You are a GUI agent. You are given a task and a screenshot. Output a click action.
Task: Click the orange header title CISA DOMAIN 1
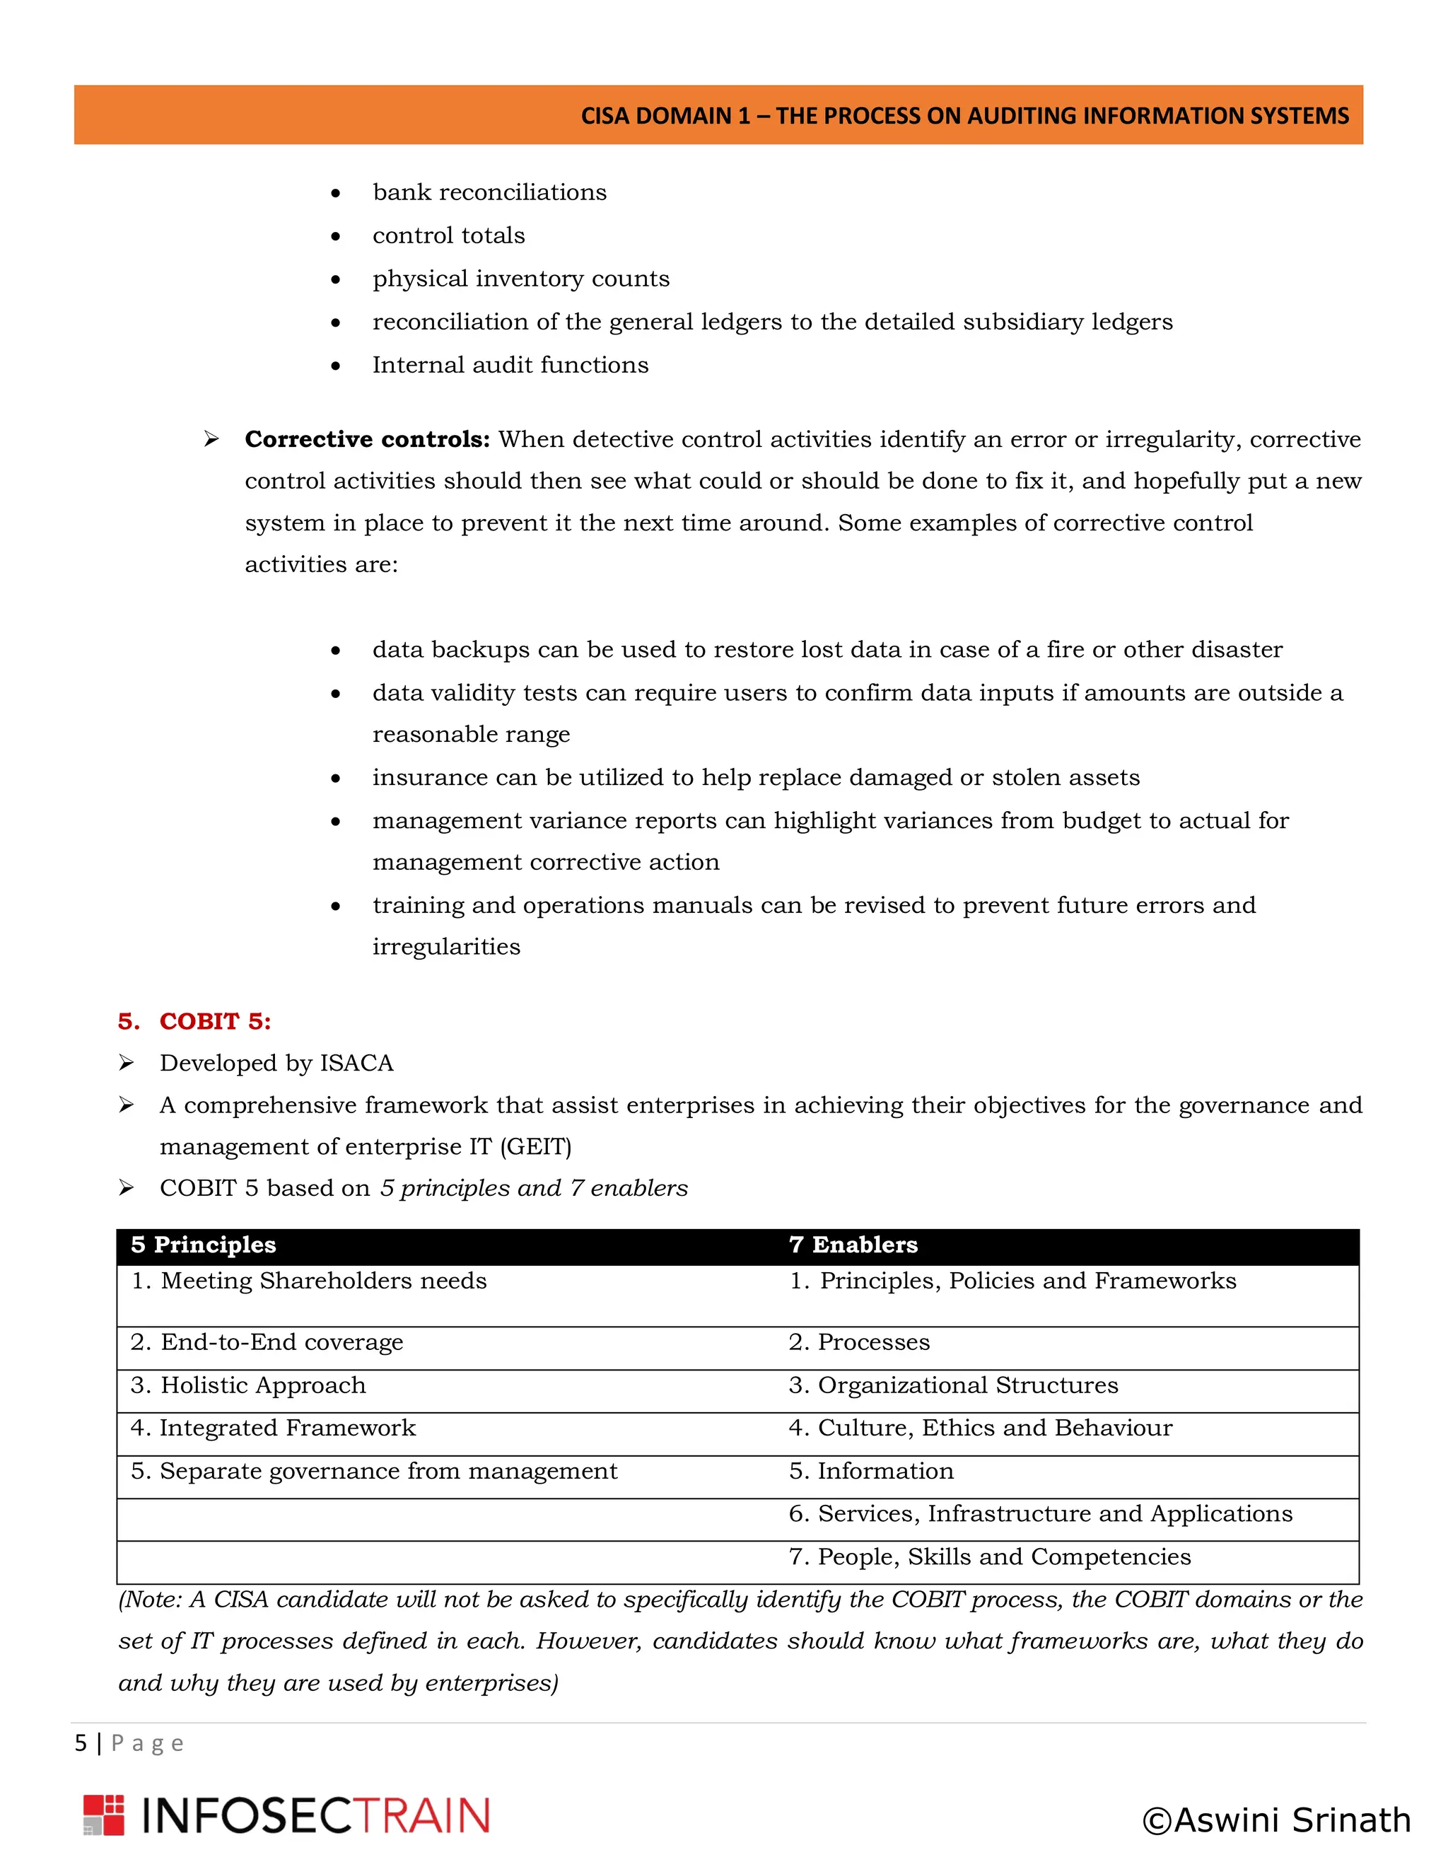[x=964, y=116]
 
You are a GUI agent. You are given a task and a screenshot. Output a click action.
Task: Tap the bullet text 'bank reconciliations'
[x=489, y=192]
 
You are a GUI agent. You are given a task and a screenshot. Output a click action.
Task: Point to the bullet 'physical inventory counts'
[x=520, y=279]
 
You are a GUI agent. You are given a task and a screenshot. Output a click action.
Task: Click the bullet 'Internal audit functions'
[x=510, y=366]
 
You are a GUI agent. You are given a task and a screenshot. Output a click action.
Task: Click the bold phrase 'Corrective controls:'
[x=367, y=439]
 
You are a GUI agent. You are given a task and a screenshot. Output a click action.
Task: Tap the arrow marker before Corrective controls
[x=211, y=439]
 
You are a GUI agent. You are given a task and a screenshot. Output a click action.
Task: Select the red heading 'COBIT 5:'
[x=214, y=1021]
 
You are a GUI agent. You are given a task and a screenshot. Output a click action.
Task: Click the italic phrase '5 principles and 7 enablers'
[x=534, y=1189]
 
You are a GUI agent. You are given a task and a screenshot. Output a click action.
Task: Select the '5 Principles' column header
[x=204, y=1245]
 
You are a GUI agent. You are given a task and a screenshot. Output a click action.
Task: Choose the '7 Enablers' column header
[x=853, y=1245]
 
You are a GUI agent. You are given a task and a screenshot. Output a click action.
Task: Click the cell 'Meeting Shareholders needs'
[x=323, y=1281]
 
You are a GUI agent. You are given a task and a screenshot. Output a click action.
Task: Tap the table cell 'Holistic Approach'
[x=262, y=1386]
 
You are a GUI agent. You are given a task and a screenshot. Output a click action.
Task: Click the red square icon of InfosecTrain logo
[x=104, y=1815]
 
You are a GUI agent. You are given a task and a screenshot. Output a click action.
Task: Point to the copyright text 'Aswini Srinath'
[x=1276, y=1820]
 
